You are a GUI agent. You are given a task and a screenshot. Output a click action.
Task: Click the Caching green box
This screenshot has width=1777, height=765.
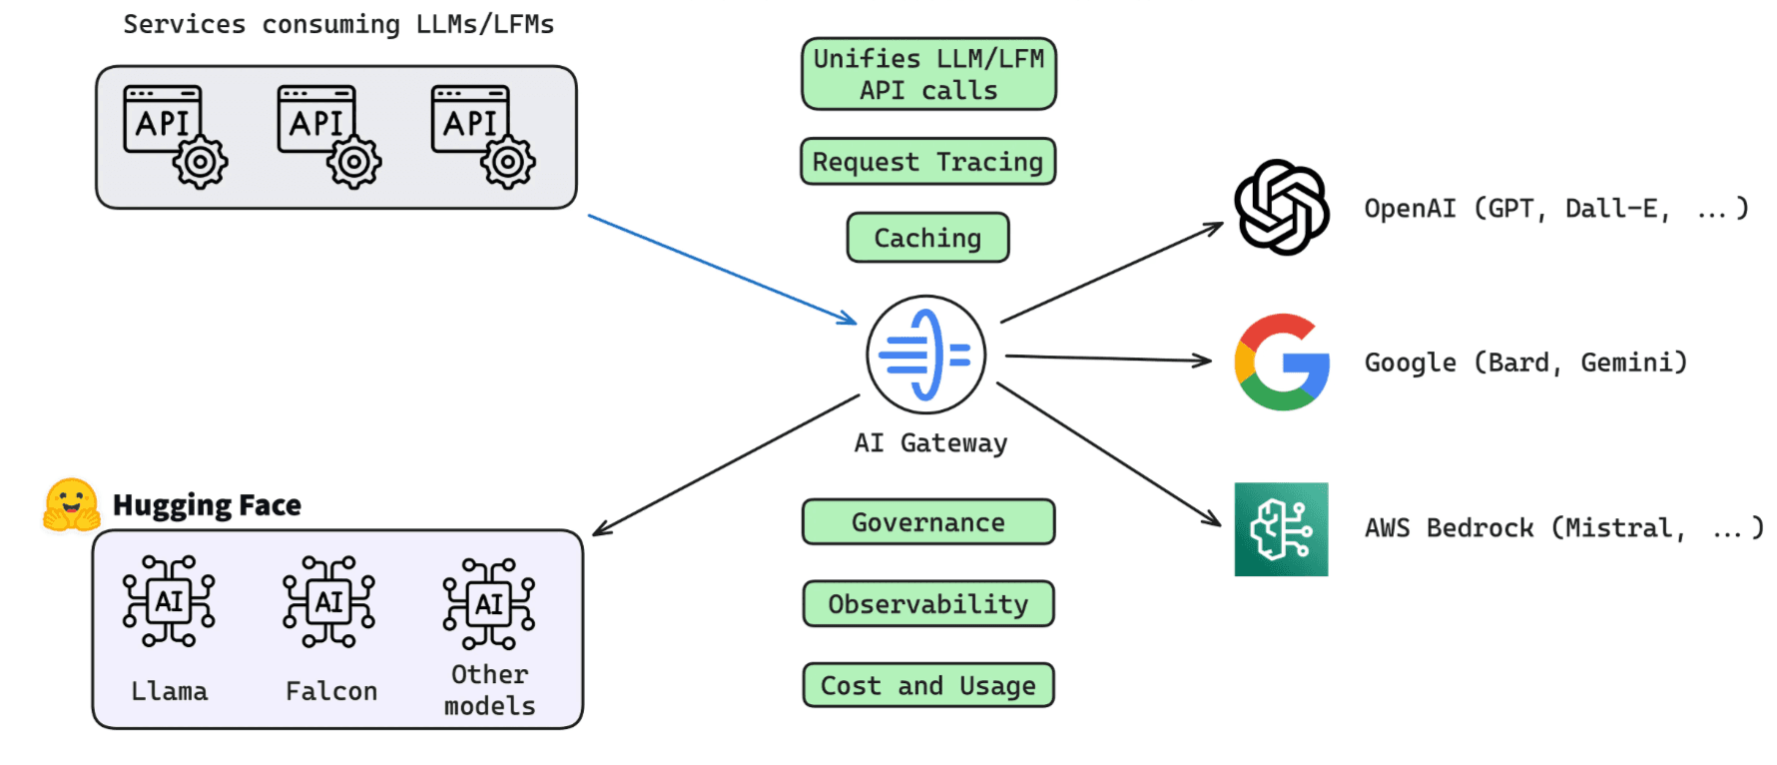click(x=927, y=238)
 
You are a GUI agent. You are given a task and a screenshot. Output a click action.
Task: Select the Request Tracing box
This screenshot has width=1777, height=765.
click(x=927, y=162)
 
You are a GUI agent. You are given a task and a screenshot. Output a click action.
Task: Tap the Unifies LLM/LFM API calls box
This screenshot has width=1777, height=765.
click(x=928, y=74)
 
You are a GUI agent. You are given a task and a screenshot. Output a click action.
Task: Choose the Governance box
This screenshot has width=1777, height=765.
click(x=927, y=522)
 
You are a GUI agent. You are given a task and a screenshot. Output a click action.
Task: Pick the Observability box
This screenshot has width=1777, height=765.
click(x=927, y=604)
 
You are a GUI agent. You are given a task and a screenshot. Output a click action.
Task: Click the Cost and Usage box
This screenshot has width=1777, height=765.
click(x=927, y=686)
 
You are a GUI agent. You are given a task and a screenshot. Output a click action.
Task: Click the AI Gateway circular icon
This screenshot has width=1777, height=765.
click(x=925, y=355)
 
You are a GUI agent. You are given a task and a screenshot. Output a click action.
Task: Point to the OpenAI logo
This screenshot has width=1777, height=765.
click(x=1282, y=208)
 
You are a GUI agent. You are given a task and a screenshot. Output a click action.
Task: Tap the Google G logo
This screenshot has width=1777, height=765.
click(x=1282, y=363)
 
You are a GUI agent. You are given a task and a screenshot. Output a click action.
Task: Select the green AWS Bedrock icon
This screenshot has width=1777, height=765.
click(x=1281, y=529)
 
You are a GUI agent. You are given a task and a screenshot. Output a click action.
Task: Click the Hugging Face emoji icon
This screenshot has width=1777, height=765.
click(x=71, y=505)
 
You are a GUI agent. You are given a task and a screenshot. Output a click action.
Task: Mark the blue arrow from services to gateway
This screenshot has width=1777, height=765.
click(x=721, y=269)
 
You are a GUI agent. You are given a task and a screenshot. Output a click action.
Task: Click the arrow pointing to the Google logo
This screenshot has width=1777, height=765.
click(x=1108, y=358)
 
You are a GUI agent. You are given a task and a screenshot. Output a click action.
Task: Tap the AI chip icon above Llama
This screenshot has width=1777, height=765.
click(x=169, y=601)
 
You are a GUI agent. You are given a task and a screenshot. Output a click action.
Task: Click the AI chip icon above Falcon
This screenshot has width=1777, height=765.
click(x=329, y=602)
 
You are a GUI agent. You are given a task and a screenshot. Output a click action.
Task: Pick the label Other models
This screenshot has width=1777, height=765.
click(x=489, y=690)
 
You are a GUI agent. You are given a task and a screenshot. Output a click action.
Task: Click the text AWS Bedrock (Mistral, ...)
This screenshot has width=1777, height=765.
click(x=1562, y=528)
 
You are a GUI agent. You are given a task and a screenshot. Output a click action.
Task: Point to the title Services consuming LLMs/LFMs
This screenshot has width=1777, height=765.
click(x=338, y=24)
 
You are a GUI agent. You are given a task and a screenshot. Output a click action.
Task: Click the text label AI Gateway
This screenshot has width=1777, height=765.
click(x=930, y=443)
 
